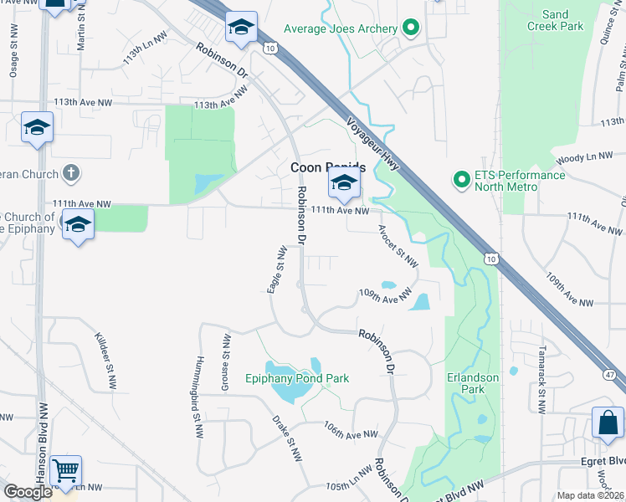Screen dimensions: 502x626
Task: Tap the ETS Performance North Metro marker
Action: click(460, 180)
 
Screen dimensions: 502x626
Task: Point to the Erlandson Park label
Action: click(473, 383)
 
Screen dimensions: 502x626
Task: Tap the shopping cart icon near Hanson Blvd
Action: click(65, 470)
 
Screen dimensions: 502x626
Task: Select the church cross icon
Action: click(72, 174)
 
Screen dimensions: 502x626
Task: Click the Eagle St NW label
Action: click(277, 269)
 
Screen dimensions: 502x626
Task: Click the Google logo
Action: click(28, 492)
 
